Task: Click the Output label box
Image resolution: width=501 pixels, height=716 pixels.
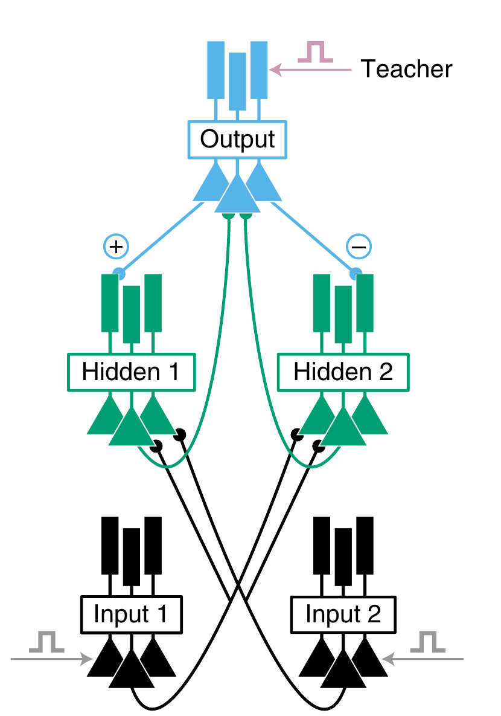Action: [x=237, y=140]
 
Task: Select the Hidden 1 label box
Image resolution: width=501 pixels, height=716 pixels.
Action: [x=130, y=372]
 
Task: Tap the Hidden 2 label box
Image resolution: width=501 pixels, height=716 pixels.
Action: [x=343, y=372]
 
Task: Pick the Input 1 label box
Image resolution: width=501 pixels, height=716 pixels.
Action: [x=130, y=614]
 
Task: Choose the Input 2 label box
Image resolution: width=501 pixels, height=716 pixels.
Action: [x=343, y=614]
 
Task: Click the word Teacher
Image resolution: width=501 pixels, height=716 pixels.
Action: [x=406, y=69]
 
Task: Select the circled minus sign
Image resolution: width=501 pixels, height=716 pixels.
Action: [x=358, y=246]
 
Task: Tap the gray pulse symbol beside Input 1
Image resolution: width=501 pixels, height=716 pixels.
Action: [x=46, y=642]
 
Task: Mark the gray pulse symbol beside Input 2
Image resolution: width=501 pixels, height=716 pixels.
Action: [x=428, y=642]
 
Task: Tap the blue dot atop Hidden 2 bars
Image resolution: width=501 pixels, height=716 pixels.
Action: [x=357, y=274]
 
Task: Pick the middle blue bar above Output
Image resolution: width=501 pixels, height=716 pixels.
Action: [x=237, y=80]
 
